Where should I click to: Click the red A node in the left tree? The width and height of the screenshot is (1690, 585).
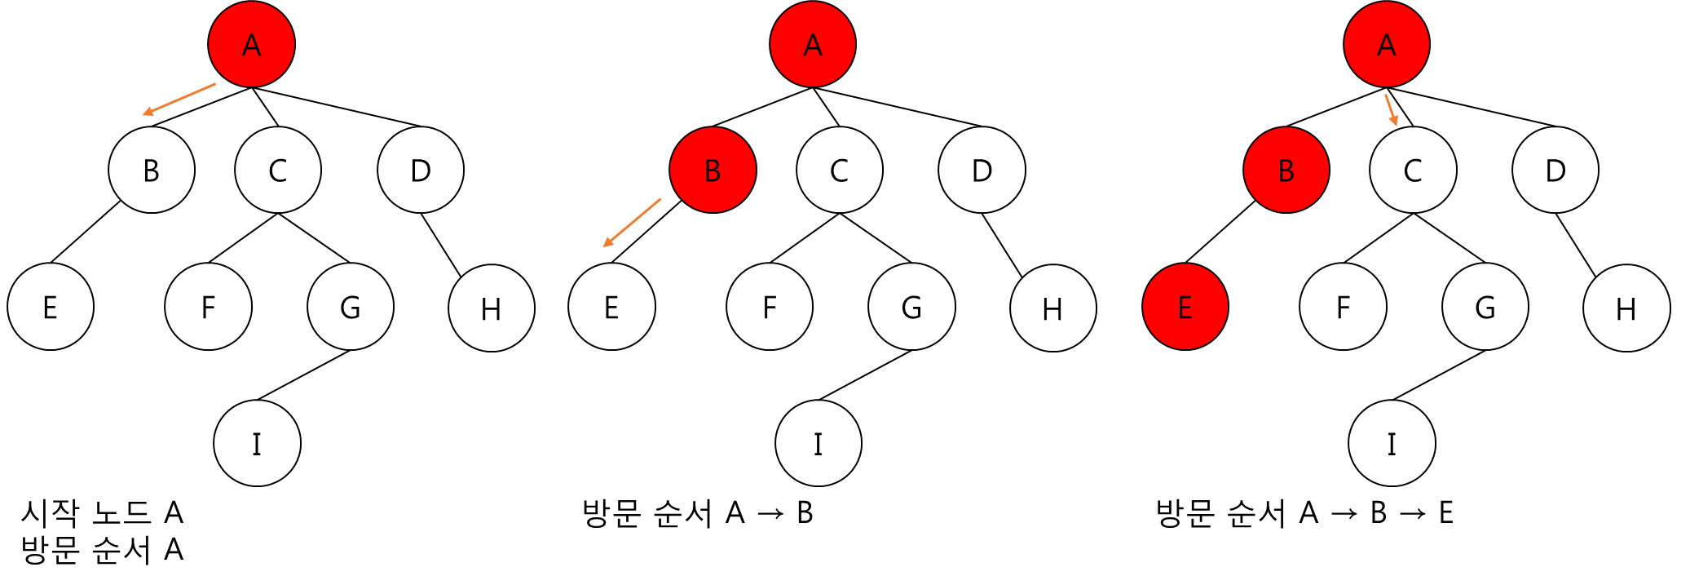[251, 44]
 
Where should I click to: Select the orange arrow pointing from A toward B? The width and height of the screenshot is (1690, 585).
[179, 99]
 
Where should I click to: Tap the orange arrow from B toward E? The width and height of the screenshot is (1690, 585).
[632, 222]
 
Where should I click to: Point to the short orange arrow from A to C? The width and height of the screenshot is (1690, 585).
[1391, 109]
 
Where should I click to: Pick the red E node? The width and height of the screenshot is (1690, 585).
[1185, 307]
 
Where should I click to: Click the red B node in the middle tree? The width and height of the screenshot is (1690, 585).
[713, 170]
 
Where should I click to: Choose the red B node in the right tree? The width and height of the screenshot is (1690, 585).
[1286, 170]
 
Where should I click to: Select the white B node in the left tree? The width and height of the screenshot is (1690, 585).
[152, 170]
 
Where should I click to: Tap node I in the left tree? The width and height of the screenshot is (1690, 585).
[257, 443]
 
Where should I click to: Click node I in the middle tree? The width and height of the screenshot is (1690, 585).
[818, 443]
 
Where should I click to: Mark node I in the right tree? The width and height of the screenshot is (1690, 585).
[1391, 443]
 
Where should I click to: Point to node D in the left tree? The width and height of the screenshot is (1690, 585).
[420, 170]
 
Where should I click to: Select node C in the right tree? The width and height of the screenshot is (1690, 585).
[1412, 170]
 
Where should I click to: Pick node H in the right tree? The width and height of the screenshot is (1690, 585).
[1626, 308]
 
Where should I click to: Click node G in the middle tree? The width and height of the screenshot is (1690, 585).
[911, 307]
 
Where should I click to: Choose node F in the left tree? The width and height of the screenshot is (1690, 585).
[208, 307]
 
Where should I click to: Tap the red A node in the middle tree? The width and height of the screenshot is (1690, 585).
[812, 44]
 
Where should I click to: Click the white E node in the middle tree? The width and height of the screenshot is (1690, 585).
[611, 307]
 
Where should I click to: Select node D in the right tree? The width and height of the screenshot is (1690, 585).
[1555, 170]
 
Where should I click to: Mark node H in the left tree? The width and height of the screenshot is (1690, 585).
[491, 308]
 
